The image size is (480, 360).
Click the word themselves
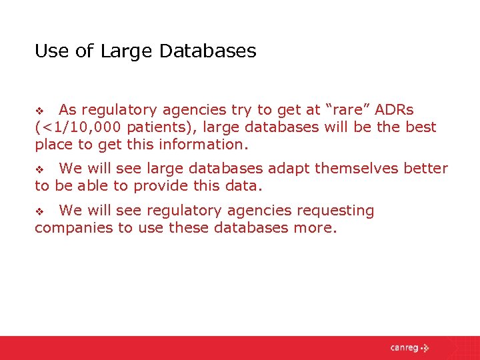point(357,169)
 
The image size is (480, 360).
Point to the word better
point(425,169)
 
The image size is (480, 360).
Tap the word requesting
point(333,211)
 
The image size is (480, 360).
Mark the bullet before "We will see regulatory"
point(39,212)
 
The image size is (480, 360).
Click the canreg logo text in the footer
point(405,347)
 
